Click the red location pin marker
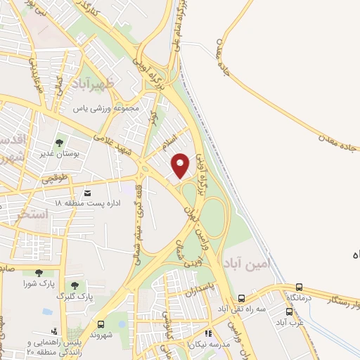coord(181,165)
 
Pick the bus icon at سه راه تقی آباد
coord(241,299)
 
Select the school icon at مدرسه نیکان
coord(207,334)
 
